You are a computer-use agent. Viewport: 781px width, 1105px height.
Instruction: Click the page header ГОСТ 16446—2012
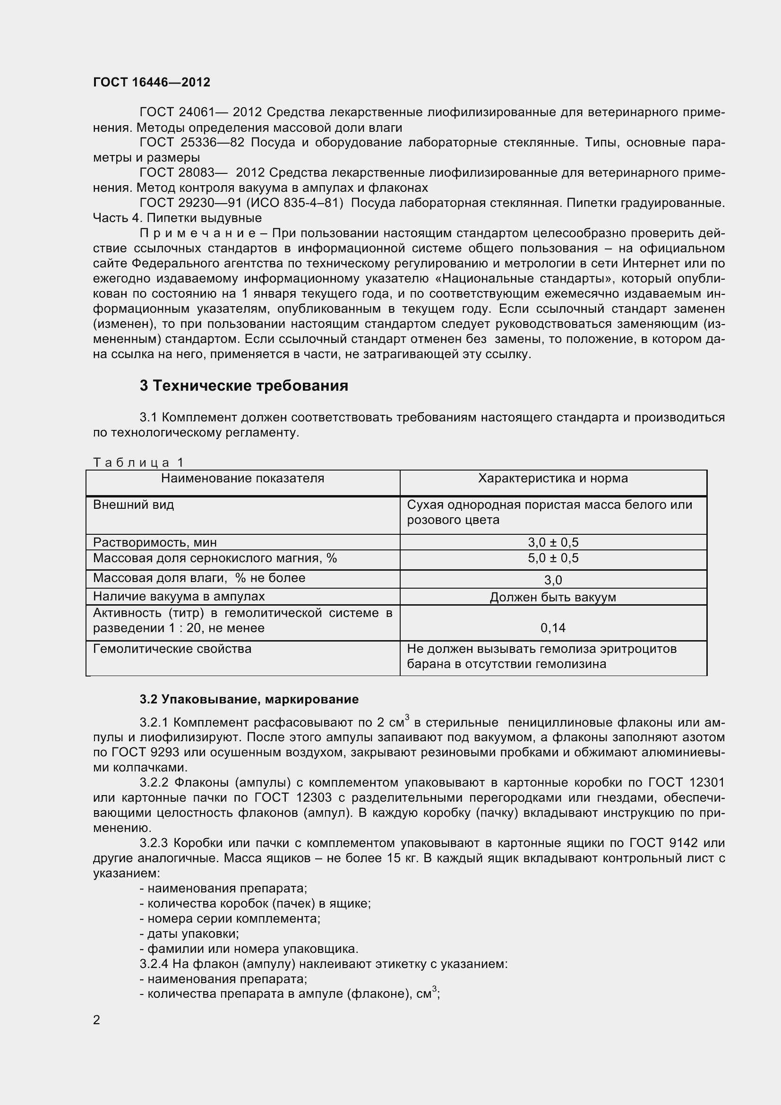[152, 82]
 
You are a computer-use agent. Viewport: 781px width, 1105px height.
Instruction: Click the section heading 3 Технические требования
[244, 385]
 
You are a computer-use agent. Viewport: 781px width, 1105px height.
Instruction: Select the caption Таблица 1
[138, 463]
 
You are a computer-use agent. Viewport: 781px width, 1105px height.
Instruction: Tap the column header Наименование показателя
[242, 478]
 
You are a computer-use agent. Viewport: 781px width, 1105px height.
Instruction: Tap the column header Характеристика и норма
[553, 478]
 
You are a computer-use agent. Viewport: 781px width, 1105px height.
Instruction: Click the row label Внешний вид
[133, 505]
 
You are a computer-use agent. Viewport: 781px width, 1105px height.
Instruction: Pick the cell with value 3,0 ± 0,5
[553, 542]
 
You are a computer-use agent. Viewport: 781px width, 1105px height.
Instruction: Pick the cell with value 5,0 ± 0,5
[553, 558]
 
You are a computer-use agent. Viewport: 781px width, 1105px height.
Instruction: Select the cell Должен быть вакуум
[553, 597]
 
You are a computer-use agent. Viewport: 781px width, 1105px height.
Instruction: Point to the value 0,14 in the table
[553, 627]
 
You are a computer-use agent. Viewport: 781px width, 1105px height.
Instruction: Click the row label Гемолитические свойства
[172, 649]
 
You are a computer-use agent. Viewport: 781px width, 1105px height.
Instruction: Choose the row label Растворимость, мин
[154, 542]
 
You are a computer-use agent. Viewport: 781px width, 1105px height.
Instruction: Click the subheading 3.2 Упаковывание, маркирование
[249, 699]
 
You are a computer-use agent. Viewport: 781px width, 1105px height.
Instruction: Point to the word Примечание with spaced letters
[198, 233]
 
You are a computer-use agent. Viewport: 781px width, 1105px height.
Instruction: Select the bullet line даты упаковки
[189, 934]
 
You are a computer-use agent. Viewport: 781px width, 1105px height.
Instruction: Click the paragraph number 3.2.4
[154, 964]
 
